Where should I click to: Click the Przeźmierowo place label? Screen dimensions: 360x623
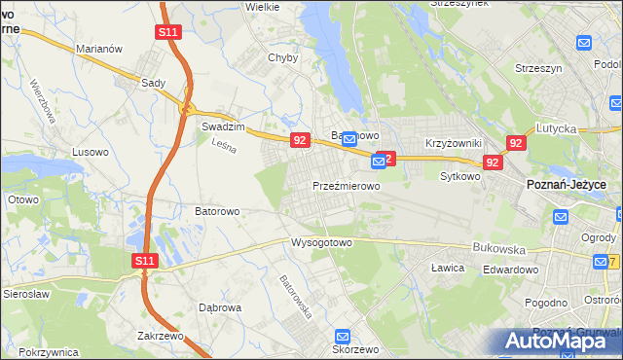pos(346,185)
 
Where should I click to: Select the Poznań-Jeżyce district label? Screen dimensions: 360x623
pos(567,185)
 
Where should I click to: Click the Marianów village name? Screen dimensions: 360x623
pos(98,48)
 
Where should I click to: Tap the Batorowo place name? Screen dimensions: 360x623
pos(217,210)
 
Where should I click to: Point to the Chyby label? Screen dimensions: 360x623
pos(282,57)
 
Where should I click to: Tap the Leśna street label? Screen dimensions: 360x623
pos(225,144)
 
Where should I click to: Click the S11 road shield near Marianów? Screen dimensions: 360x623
pos(167,32)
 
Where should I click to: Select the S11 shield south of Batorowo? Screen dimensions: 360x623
pos(145,260)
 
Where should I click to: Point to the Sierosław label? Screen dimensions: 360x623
pos(25,292)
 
